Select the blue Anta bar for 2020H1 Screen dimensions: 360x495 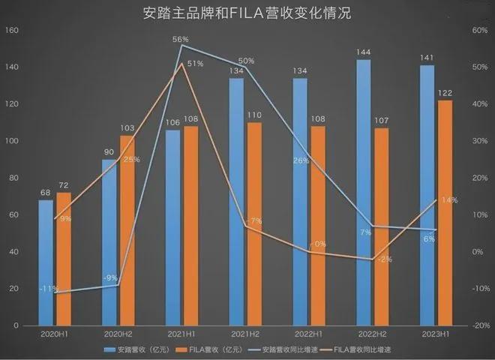(46, 262)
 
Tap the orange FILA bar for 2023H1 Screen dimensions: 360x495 (445, 214)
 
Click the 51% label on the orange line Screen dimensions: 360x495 (195, 64)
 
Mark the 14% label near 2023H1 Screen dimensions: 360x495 (449, 200)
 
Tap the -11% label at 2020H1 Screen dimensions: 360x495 (48, 289)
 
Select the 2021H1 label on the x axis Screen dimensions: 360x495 (182, 334)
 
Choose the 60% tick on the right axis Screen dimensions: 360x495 (479, 31)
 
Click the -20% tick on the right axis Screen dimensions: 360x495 (478, 326)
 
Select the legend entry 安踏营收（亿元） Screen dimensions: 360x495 (139, 349)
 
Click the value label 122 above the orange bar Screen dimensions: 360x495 (445, 93)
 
